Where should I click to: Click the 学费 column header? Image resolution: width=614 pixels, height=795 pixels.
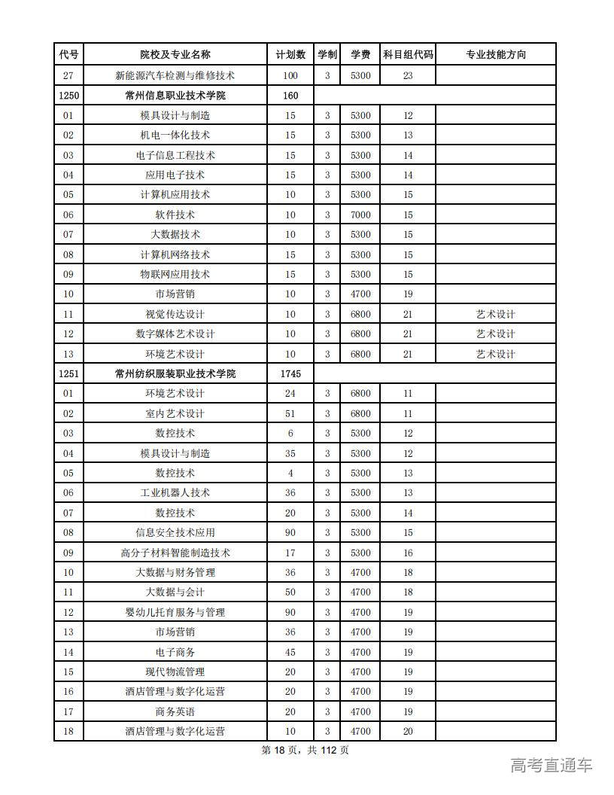(360, 55)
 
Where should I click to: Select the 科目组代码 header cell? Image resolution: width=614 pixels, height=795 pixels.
(408, 55)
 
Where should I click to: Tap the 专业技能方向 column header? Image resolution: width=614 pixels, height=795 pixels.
(495, 55)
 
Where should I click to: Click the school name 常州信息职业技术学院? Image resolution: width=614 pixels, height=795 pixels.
(175, 96)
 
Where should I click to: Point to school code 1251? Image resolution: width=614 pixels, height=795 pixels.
(68, 373)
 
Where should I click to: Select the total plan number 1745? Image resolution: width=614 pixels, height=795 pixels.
(290, 373)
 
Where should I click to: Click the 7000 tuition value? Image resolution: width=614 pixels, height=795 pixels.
(360, 215)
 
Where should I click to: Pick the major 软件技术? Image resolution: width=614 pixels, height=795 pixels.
(175, 215)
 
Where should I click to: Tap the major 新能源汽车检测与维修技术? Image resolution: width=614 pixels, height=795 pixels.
(175, 75)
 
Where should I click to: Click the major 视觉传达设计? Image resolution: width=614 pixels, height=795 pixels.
(175, 314)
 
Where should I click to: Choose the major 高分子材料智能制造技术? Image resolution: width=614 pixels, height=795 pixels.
(175, 553)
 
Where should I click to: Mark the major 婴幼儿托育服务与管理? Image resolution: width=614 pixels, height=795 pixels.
(175, 612)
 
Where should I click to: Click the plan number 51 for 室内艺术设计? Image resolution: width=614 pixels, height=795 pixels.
(290, 413)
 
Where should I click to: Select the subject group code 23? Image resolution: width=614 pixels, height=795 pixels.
(408, 75)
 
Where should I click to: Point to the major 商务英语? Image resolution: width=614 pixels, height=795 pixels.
(175, 711)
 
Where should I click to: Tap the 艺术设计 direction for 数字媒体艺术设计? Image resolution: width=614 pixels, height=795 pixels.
(495, 334)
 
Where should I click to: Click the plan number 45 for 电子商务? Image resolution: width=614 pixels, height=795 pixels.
(290, 652)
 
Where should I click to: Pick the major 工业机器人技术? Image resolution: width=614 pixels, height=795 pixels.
(175, 493)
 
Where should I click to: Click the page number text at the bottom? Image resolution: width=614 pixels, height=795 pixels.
(305, 750)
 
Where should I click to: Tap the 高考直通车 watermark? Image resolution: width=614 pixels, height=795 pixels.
(552, 766)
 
